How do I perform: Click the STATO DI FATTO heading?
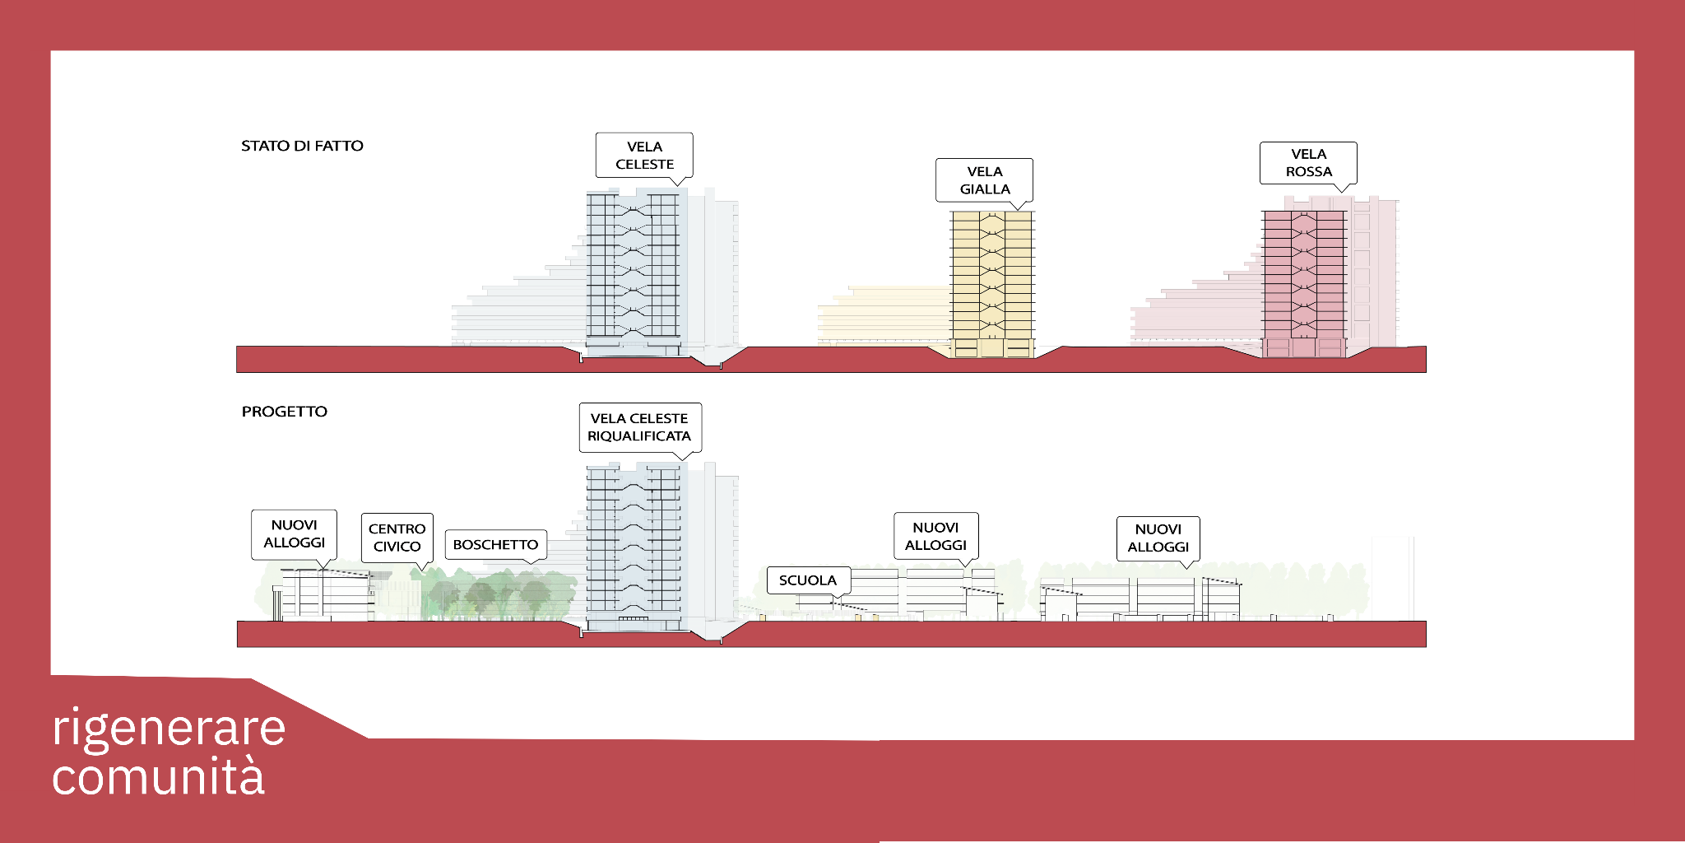pyautogui.click(x=302, y=146)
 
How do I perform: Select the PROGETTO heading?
pyautogui.click(x=284, y=412)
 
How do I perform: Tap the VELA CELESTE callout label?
pyautogui.click(x=644, y=155)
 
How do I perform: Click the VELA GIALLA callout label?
pyautogui.click(x=984, y=180)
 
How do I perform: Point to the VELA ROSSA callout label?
pyautogui.click(x=1308, y=163)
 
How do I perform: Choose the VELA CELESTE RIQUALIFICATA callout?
pyautogui.click(x=639, y=427)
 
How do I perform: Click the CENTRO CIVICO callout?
pyautogui.click(x=397, y=538)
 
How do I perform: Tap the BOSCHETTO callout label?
pyautogui.click(x=495, y=545)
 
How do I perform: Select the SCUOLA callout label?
pyautogui.click(x=807, y=580)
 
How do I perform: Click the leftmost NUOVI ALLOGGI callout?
pyautogui.click(x=294, y=533)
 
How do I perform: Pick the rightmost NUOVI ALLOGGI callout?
pyautogui.click(x=1158, y=538)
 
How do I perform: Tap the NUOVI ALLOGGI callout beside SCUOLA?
pyautogui.click(x=935, y=536)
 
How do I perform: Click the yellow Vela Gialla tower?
pyautogui.click(x=992, y=280)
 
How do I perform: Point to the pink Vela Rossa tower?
pyautogui.click(x=1304, y=280)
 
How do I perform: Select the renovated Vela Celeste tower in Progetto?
pyautogui.click(x=633, y=543)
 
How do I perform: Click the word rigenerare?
pyautogui.click(x=169, y=729)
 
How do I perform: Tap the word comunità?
pyautogui.click(x=158, y=776)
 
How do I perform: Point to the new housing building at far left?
pyautogui.click(x=325, y=594)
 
